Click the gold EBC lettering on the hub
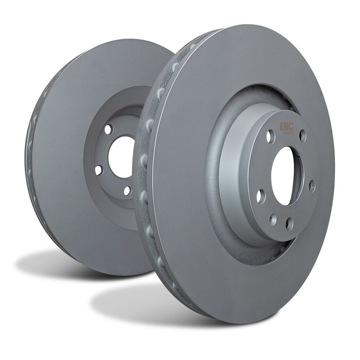tap(287, 127)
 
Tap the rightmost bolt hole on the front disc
tap(312, 185)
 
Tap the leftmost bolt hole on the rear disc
tap(100, 169)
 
